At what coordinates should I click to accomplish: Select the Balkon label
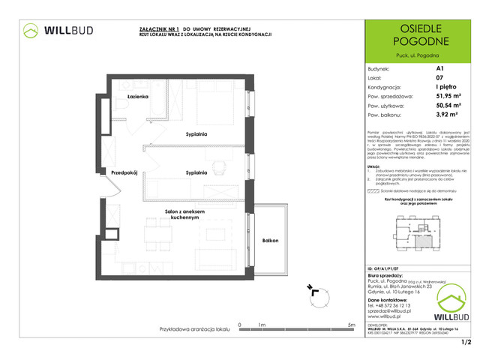coord(271,241)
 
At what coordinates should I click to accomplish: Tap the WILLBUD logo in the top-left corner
coord(56,31)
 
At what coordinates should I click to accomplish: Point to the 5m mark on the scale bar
coord(351,324)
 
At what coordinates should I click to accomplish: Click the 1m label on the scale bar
coord(260,324)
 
